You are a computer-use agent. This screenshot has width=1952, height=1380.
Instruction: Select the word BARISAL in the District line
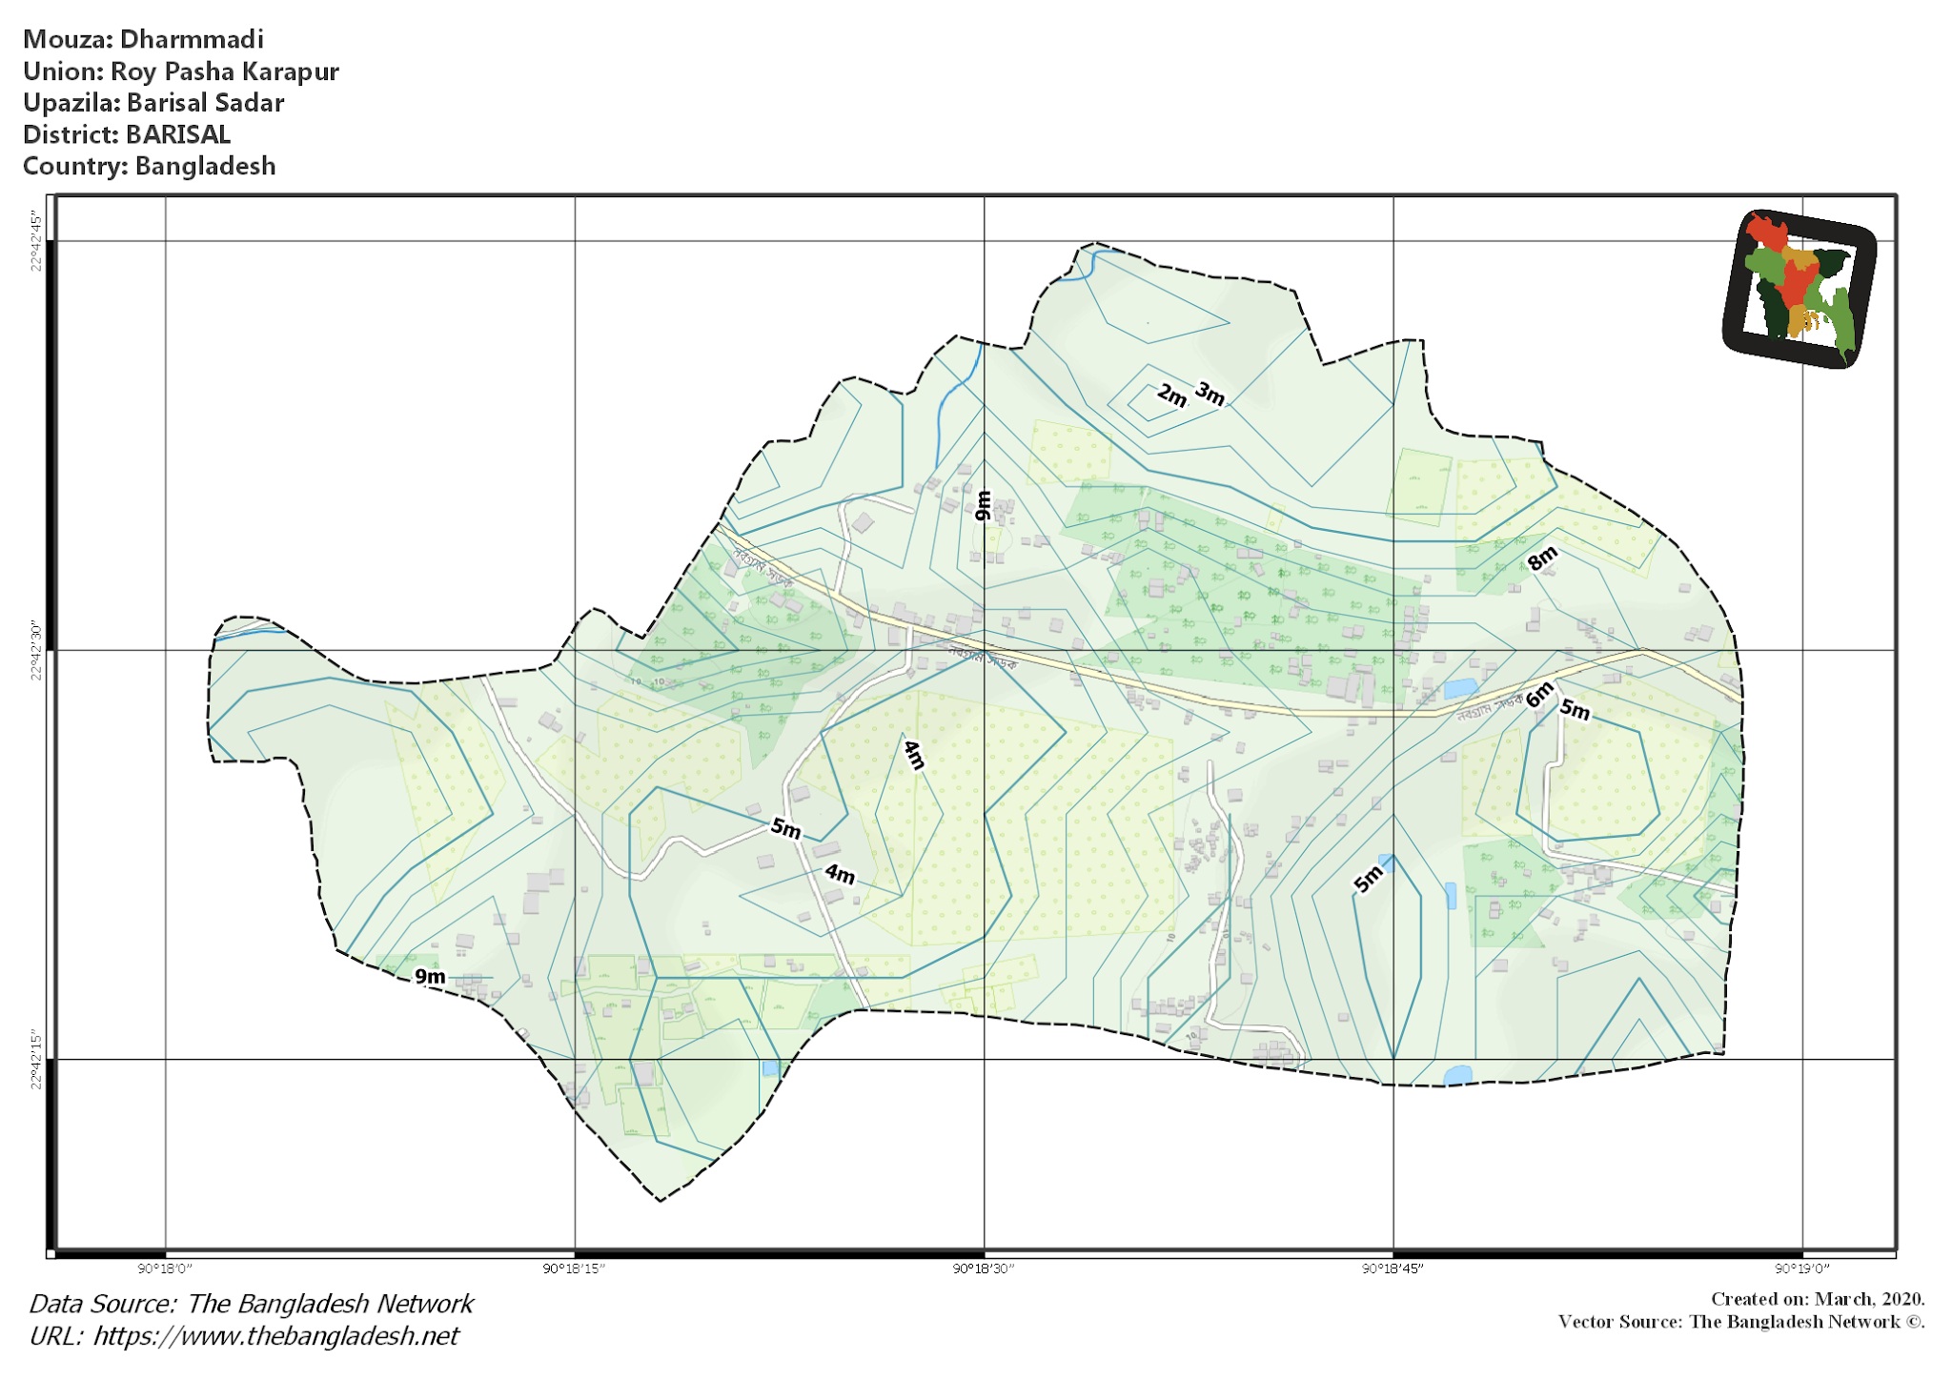pyautogui.click(x=178, y=134)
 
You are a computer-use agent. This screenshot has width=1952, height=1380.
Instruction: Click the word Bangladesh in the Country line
pyautogui.click(x=205, y=166)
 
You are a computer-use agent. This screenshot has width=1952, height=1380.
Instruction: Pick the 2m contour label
pyautogui.click(x=1171, y=395)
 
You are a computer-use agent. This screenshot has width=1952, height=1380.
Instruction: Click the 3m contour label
pyautogui.click(x=1210, y=393)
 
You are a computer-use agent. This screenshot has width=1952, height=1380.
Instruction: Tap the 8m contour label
pyautogui.click(x=1541, y=558)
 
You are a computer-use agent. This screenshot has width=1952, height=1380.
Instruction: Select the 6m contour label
pyautogui.click(x=1538, y=696)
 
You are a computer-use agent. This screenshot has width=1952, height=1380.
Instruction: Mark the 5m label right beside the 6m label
pyautogui.click(x=1575, y=710)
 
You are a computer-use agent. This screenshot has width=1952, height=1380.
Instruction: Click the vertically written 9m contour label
pyautogui.click(x=983, y=505)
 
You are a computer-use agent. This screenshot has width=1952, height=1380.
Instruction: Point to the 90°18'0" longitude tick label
pyautogui.click(x=165, y=1268)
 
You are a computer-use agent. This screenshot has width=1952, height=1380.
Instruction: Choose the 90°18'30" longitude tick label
pyautogui.click(x=984, y=1268)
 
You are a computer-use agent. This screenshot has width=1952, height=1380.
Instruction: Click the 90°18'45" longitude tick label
pyautogui.click(x=1393, y=1268)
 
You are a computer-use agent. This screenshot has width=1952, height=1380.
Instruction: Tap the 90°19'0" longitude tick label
pyautogui.click(x=1801, y=1268)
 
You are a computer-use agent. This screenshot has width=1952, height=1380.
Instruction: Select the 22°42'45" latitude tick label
pyautogui.click(x=36, y=241)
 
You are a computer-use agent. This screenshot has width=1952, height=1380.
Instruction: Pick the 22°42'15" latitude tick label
pyautogui.click(x=36, y=1059)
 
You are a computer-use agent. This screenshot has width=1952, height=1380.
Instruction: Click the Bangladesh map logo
pyautogui.click(x=1799, y=288)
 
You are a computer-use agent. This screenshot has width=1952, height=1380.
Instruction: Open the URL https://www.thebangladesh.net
pyautogui.click(x=275, y=1336)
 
